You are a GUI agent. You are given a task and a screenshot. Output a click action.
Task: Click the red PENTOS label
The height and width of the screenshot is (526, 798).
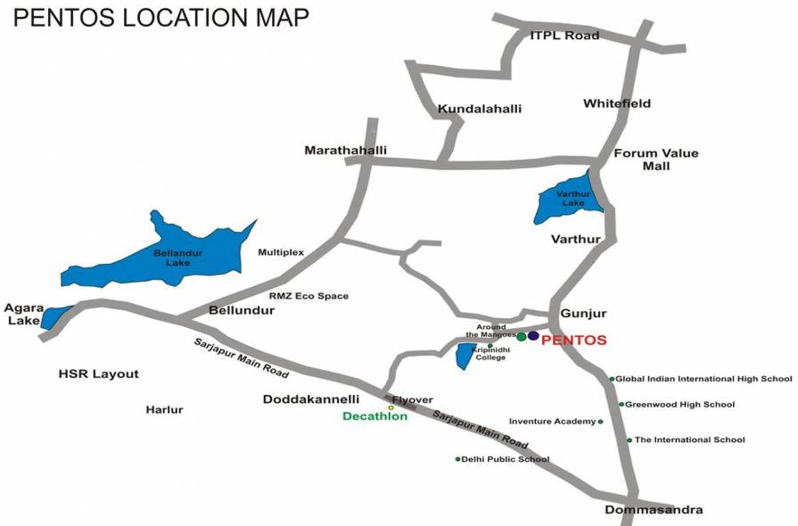click(x=574, y=340)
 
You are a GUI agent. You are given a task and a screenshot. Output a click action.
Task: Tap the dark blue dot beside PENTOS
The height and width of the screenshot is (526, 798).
click(x=534, y=336)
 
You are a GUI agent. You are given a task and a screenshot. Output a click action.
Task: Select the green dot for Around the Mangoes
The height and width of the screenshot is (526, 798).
click(x=522, y=336)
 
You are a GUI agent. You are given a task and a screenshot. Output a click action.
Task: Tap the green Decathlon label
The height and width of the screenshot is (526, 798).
click(x=375, y=416)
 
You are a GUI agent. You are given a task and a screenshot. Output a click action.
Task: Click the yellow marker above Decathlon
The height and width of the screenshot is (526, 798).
click(x=391, y=408)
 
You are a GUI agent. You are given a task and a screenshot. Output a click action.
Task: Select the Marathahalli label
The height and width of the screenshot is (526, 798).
click(x=346, y=150)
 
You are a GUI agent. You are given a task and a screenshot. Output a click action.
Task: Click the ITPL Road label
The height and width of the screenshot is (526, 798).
click(x=564, y=36)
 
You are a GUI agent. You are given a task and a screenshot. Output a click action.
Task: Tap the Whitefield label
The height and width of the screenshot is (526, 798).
click(x=616, y=104)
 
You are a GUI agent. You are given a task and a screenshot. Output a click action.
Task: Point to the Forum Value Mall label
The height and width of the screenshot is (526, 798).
click(x=656, y=159)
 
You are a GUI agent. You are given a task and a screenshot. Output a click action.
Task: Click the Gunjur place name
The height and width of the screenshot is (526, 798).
click(x=584, y=314)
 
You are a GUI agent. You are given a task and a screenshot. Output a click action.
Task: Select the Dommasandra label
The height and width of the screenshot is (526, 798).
click(x=653, y=510)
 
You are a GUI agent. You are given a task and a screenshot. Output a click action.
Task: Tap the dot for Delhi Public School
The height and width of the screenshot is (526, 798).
click(x=458, y=459)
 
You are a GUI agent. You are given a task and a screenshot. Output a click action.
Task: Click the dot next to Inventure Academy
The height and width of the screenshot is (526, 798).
click(x=601, y=422)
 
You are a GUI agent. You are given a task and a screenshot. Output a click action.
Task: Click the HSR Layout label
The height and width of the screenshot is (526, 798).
click(x=99, y=374)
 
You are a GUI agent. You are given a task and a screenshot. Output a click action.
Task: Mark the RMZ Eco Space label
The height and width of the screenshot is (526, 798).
click(x=308, y=296)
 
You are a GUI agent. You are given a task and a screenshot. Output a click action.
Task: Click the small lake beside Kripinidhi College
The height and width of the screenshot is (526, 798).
click(x=465, y=355)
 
